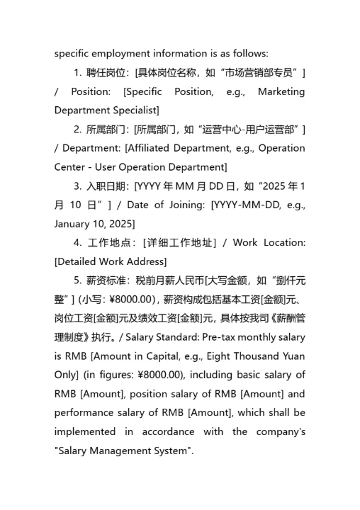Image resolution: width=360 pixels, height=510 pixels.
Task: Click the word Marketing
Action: pos(281,91)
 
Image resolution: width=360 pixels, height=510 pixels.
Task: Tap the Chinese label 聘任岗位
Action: pos(106,73)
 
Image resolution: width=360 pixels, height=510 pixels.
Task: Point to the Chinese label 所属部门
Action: pos(106,130)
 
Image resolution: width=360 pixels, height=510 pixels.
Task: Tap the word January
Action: pos(75,224)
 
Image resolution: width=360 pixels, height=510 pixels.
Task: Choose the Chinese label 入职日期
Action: pos(106,186)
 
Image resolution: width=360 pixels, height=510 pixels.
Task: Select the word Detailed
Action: pos(79,261)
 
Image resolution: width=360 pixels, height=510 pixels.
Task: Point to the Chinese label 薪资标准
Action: pos(106,280)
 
